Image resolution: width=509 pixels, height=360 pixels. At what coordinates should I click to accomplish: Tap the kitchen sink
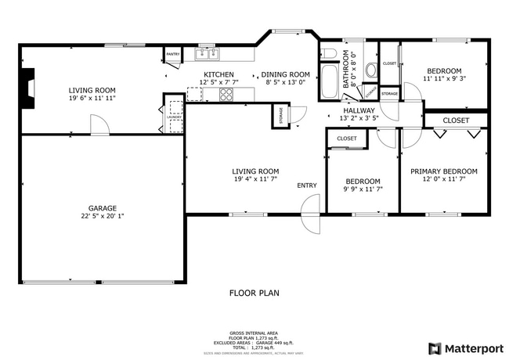point(209,54)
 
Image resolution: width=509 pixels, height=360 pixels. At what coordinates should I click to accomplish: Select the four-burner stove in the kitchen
point(226,94)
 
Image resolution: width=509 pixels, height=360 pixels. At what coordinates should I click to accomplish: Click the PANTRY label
point(172,55)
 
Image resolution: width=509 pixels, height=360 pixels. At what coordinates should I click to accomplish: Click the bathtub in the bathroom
point(328,81)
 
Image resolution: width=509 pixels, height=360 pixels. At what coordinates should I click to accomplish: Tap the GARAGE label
point(103,208)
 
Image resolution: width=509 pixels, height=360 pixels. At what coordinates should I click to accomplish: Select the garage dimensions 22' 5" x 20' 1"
point(103,218)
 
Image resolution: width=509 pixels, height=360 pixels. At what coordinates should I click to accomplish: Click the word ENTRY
point(307,185)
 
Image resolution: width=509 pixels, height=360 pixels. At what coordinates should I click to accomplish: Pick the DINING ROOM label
point(286,74)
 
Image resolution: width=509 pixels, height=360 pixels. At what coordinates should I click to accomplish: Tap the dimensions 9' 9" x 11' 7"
point(363,189)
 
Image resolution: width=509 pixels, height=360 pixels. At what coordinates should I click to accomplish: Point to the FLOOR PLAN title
point(254,293)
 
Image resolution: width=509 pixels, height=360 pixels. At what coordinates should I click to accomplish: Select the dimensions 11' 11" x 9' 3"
point(444,78)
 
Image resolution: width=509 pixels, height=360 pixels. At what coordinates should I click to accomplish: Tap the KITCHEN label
point(218,74)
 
